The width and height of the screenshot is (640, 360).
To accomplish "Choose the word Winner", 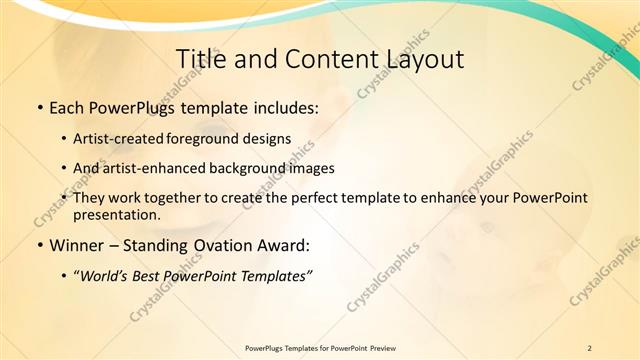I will click(75, 244).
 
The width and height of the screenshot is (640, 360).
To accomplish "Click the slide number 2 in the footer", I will click(589, 348).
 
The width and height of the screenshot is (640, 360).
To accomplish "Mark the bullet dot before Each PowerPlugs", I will click(39, 106).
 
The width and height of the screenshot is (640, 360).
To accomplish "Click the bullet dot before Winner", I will click(39, 245).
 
